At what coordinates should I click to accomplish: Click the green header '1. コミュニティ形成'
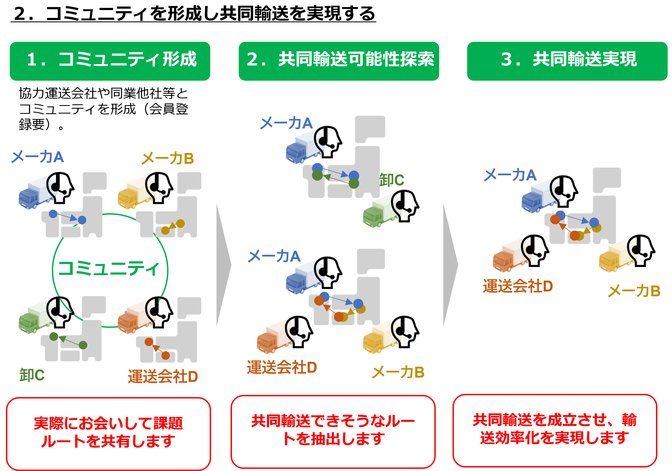[110, 61]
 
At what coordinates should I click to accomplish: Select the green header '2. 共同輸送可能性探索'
[339, 61]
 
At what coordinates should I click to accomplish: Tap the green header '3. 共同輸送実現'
[567, 61]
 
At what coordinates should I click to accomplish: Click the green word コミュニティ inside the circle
[109, 268]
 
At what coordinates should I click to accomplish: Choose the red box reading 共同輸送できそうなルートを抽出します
[333, 431]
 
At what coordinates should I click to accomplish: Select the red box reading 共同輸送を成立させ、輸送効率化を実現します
[554, 430]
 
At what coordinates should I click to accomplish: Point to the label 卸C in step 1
[32, 375]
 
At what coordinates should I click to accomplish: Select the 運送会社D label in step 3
[517, 286]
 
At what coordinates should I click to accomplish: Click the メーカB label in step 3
[634, 291]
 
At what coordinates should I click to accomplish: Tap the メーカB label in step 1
[167, 159]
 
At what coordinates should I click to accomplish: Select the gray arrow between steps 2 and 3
[450, 265]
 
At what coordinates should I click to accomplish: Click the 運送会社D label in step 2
[282, 367]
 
